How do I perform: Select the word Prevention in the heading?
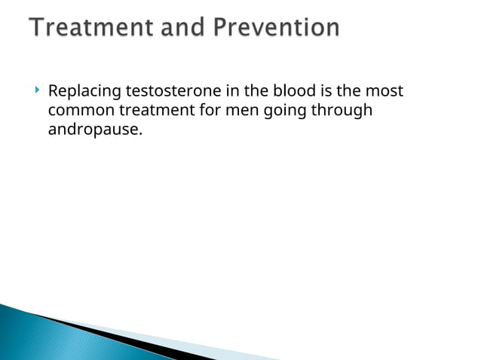click(x=276, y=28)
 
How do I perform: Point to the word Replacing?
click(x=84, y=91)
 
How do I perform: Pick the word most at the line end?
click(x=388, y=91)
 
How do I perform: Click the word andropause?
click(x=94, y=130)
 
